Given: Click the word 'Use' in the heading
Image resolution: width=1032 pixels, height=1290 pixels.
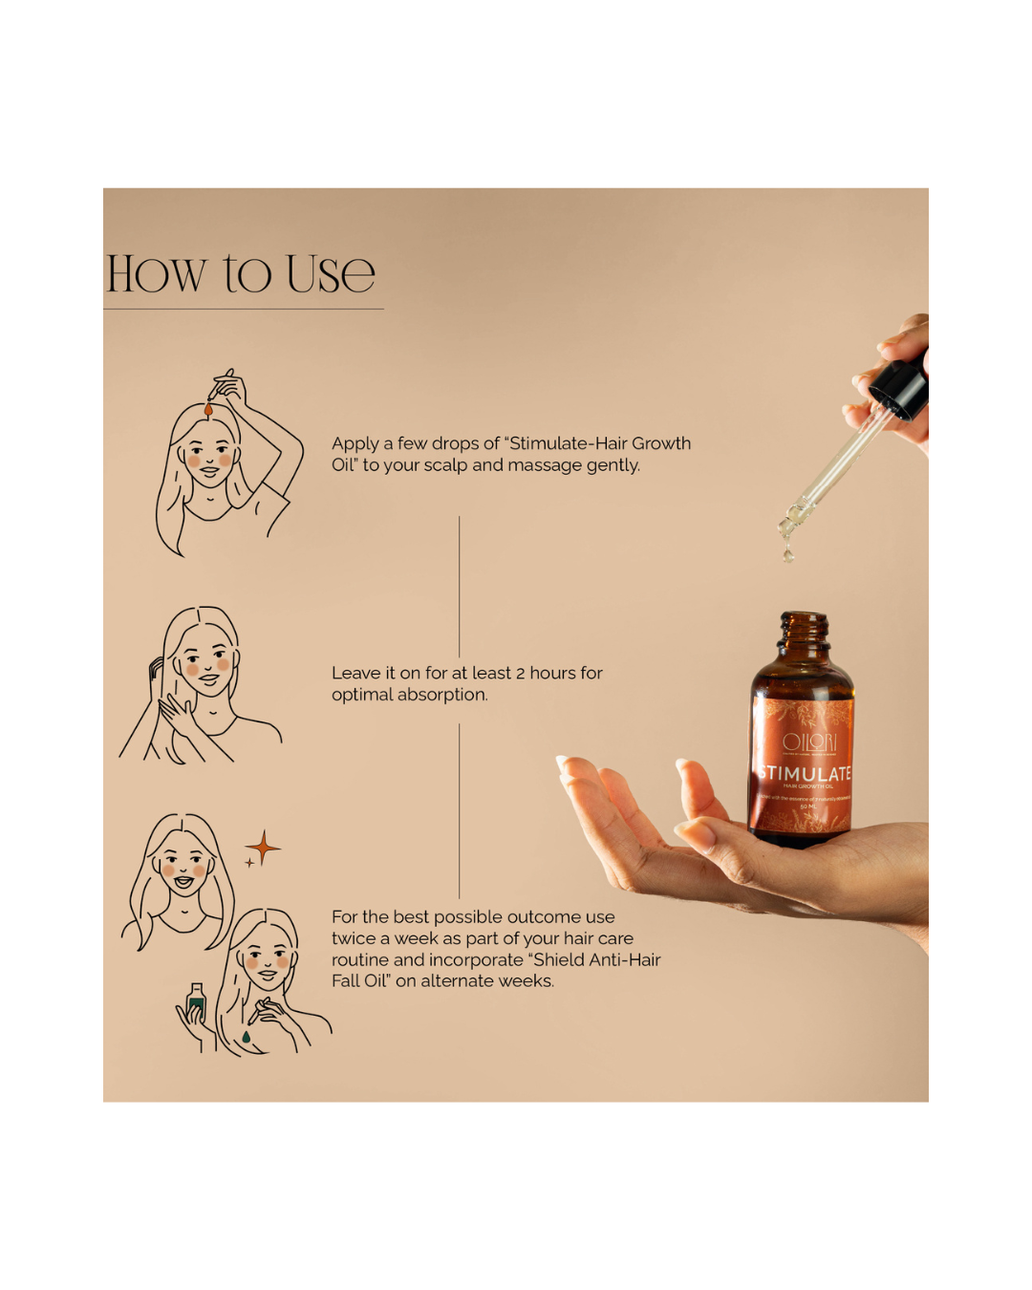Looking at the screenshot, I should pos(330,274).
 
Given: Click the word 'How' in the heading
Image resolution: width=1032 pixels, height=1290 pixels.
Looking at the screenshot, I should pos(156,274).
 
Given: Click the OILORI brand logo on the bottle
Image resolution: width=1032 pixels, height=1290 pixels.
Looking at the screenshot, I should pos(808,742).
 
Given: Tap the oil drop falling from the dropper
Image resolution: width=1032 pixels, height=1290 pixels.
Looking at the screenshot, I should pos(787,551).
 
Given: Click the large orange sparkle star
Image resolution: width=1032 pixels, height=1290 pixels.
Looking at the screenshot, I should pos(263,848).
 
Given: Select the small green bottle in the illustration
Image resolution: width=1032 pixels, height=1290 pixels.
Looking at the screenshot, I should pos(196,1003).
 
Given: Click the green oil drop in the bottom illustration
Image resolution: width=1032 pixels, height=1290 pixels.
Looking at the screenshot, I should pos(247,1036).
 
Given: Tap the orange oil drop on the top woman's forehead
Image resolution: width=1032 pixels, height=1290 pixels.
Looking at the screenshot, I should pos(208,410).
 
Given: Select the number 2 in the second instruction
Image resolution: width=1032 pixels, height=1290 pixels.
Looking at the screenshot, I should pos(520,674).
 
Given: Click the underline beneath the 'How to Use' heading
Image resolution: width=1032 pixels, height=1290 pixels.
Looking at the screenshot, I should pos(244,309).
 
